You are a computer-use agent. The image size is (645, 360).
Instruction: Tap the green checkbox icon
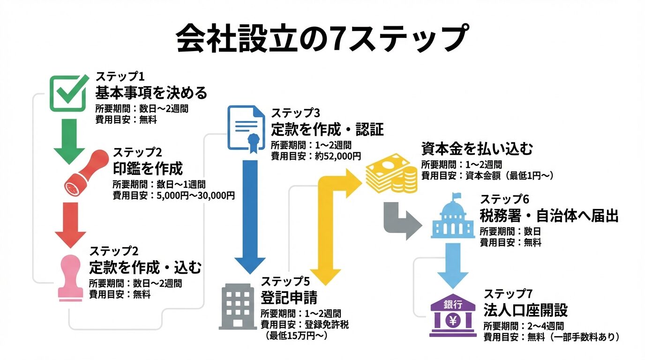(68, 93)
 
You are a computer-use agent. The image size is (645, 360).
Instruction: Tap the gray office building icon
(238, 306)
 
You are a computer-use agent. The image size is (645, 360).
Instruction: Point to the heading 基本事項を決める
(151, 92)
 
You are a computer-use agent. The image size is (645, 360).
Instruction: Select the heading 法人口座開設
(525, 310)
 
